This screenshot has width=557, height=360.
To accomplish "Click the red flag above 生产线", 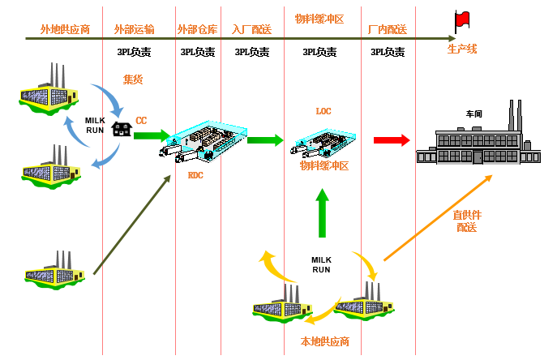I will (x=463, y=19).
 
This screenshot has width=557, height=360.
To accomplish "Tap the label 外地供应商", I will (x=65, y=30).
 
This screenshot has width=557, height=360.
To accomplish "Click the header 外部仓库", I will (x=197, y=30).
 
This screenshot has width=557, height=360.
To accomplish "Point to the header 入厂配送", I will (x=252, y=30).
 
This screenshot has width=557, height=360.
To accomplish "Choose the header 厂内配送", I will (x=388, y=30).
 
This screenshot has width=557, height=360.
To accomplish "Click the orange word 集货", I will (x=132, y=79).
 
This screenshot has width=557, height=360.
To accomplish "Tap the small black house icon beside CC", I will (x=122, y=129).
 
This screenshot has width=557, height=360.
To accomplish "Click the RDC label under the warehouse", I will (x=195, y=175).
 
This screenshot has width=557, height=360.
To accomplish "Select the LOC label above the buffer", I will (x=323, y=111).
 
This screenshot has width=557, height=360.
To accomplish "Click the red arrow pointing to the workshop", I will (x=392, y=139).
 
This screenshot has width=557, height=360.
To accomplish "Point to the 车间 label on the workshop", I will (x=474, y=114).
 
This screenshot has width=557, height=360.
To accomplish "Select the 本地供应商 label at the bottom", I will (x=324, y=341).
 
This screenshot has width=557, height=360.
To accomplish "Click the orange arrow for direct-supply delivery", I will (x=438, y=220).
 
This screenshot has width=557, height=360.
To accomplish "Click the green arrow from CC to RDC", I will (x=153, y=135).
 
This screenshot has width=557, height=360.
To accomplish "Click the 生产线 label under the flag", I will (x=463, y=50).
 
